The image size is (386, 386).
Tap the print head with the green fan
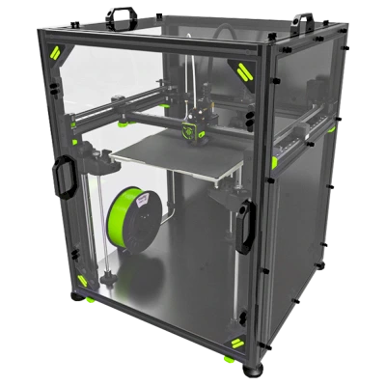pos(198,122)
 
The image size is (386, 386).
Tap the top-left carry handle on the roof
pos(126,16)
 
